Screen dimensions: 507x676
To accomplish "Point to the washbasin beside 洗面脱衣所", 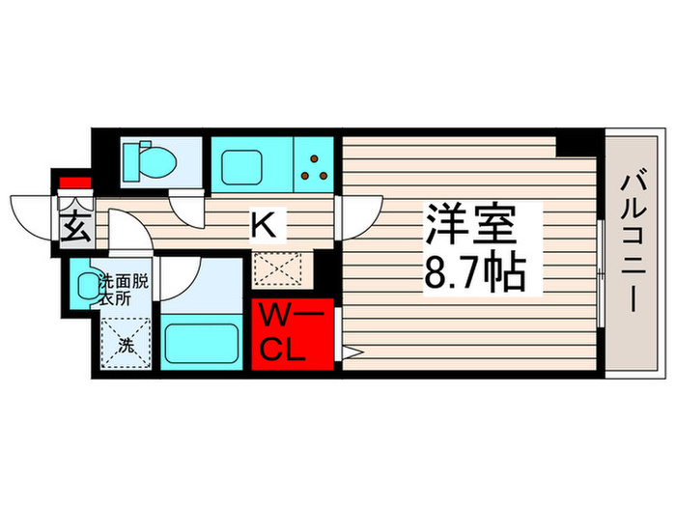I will point(86,285).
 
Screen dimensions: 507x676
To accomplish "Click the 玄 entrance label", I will point(73,230).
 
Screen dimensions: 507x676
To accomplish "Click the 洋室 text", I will point(470,225).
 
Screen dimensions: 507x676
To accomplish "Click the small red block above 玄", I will point(73,183).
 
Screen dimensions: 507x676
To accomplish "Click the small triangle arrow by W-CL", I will point(351,352).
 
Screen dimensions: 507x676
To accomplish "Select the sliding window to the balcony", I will point(601,275).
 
